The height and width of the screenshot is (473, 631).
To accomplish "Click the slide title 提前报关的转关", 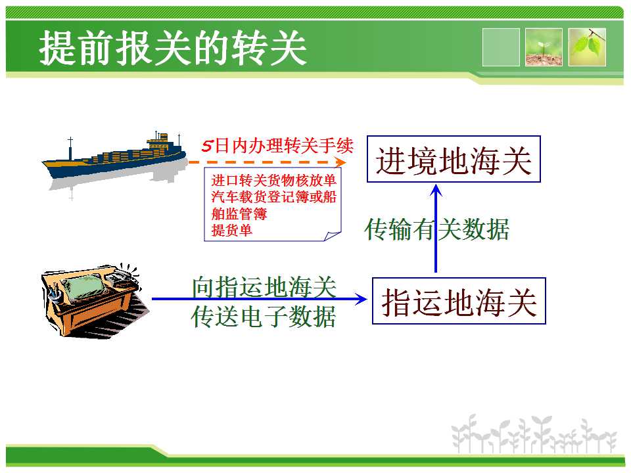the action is (x=173, y=48).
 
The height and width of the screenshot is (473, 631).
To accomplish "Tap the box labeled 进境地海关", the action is (x=454, y=159).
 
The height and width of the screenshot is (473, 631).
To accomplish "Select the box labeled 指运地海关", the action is (x=459, y=301).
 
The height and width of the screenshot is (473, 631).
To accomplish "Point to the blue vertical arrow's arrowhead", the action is (x=436, y=190).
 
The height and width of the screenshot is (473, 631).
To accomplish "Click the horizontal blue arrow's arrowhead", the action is (x=362, y=299).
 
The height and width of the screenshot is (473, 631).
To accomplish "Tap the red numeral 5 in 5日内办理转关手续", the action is (x=207, y=146).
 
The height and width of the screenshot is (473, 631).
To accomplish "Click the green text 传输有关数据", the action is (x=436, y=229).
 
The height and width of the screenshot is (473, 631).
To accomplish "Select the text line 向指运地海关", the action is (x=264, y=286).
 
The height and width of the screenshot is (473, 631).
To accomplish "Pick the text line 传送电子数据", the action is (x=264, y=317).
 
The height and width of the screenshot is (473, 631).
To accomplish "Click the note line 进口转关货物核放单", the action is (x=273, y=180).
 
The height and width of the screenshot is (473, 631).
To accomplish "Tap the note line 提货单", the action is (x=232, y=230).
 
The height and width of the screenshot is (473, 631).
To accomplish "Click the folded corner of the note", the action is (x=333, y=236).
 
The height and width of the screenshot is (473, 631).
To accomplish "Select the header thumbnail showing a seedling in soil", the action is (x=544, y=47).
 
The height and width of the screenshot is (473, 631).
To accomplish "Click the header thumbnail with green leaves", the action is (x=587, y=47).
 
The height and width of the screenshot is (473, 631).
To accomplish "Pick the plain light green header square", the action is (x=501, y=47).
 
